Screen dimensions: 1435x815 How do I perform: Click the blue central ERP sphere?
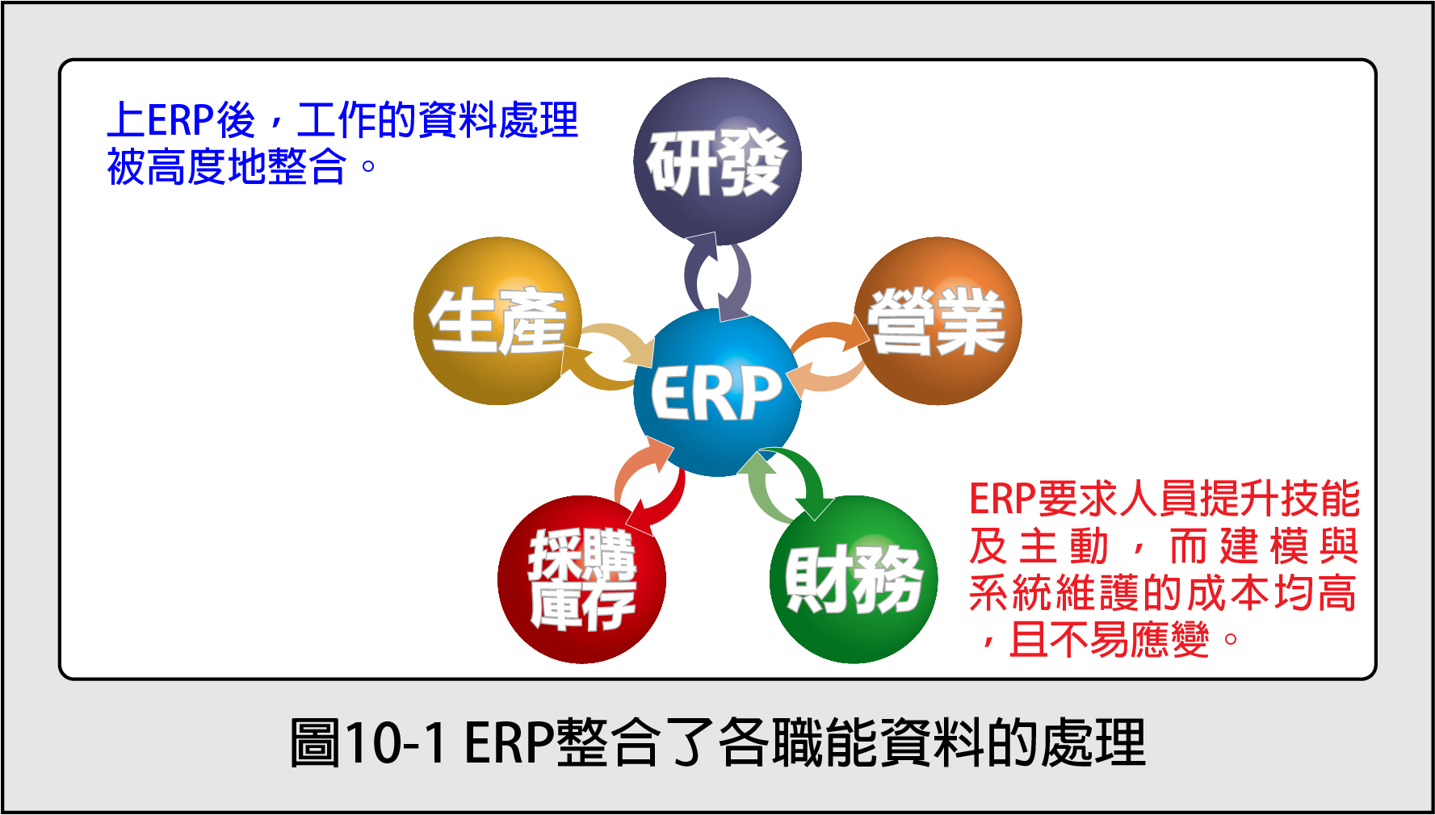717,393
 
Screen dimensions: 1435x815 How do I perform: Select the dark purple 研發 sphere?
717,161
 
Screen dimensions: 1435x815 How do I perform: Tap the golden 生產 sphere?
497,321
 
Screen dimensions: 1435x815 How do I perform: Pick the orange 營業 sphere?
938,321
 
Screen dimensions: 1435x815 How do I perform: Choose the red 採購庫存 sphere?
581,579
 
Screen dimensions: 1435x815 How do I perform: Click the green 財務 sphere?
854,579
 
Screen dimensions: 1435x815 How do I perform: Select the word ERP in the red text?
1002,499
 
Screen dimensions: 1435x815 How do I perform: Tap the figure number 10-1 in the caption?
396,742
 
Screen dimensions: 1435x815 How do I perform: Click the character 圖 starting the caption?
316,742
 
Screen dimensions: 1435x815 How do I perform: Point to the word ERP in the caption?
509,742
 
